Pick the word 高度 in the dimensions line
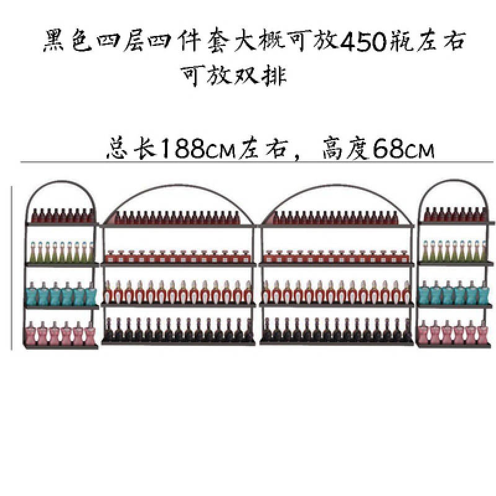[343, 148]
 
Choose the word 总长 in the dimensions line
[131, 148]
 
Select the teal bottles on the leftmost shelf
[61, 293]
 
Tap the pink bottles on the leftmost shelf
[61, 334]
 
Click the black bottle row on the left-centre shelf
[178, 330]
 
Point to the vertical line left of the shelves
[12, 267]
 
